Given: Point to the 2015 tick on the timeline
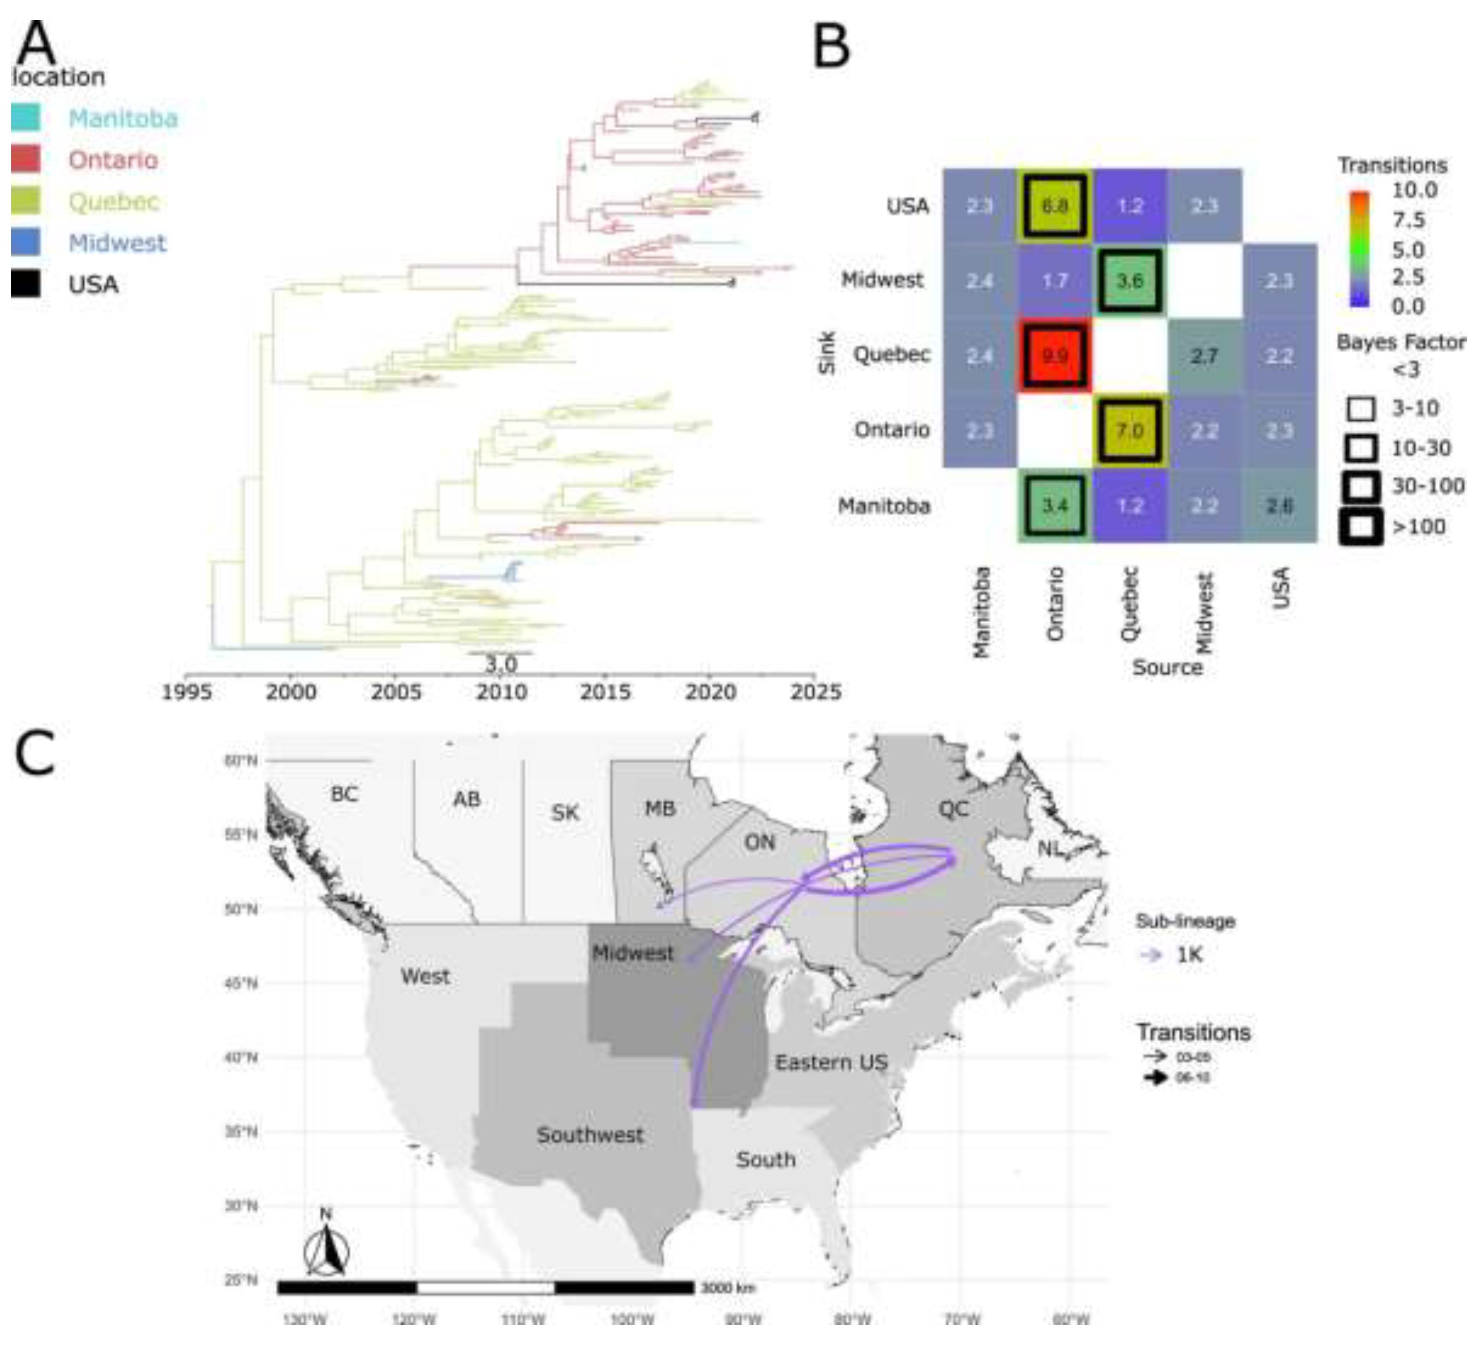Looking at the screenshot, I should [605, 676].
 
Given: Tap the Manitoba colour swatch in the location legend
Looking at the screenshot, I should [26, 118].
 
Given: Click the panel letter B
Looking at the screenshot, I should [832, 45].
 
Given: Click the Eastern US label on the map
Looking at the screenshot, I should [831, 1062].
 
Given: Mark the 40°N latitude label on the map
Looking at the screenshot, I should [240, 1058].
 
